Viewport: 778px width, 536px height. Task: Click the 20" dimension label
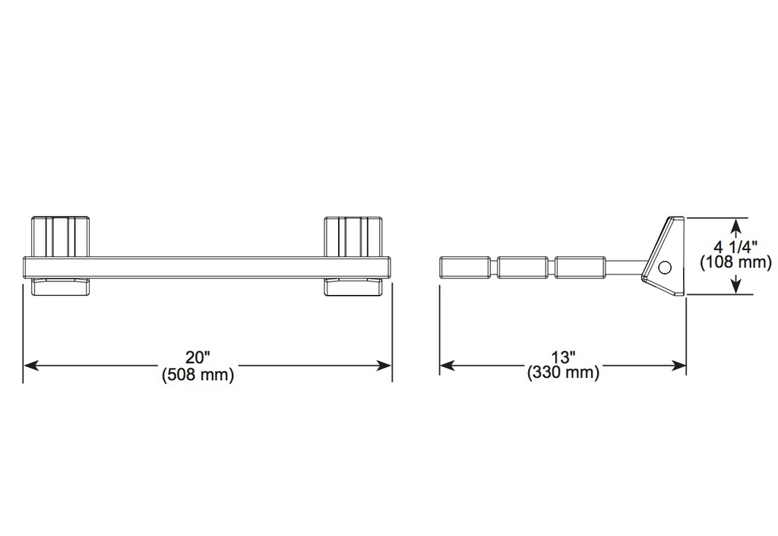tap(198, 358)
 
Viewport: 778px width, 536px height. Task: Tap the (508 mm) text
tap(198, 374)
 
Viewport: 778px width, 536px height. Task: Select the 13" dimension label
tap(563, 357)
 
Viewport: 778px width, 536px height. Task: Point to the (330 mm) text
tap(563, 373)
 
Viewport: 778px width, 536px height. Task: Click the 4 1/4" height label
tap(735, 246)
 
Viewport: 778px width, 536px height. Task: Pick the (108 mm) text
tap(735, 262)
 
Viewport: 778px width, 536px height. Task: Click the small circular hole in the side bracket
tap(664, 268)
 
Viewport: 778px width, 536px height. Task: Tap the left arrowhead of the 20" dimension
tap(31, 366)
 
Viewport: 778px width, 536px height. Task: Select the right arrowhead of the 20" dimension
tap(384, 366)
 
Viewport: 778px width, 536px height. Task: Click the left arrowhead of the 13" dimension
tap(448, 366)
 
